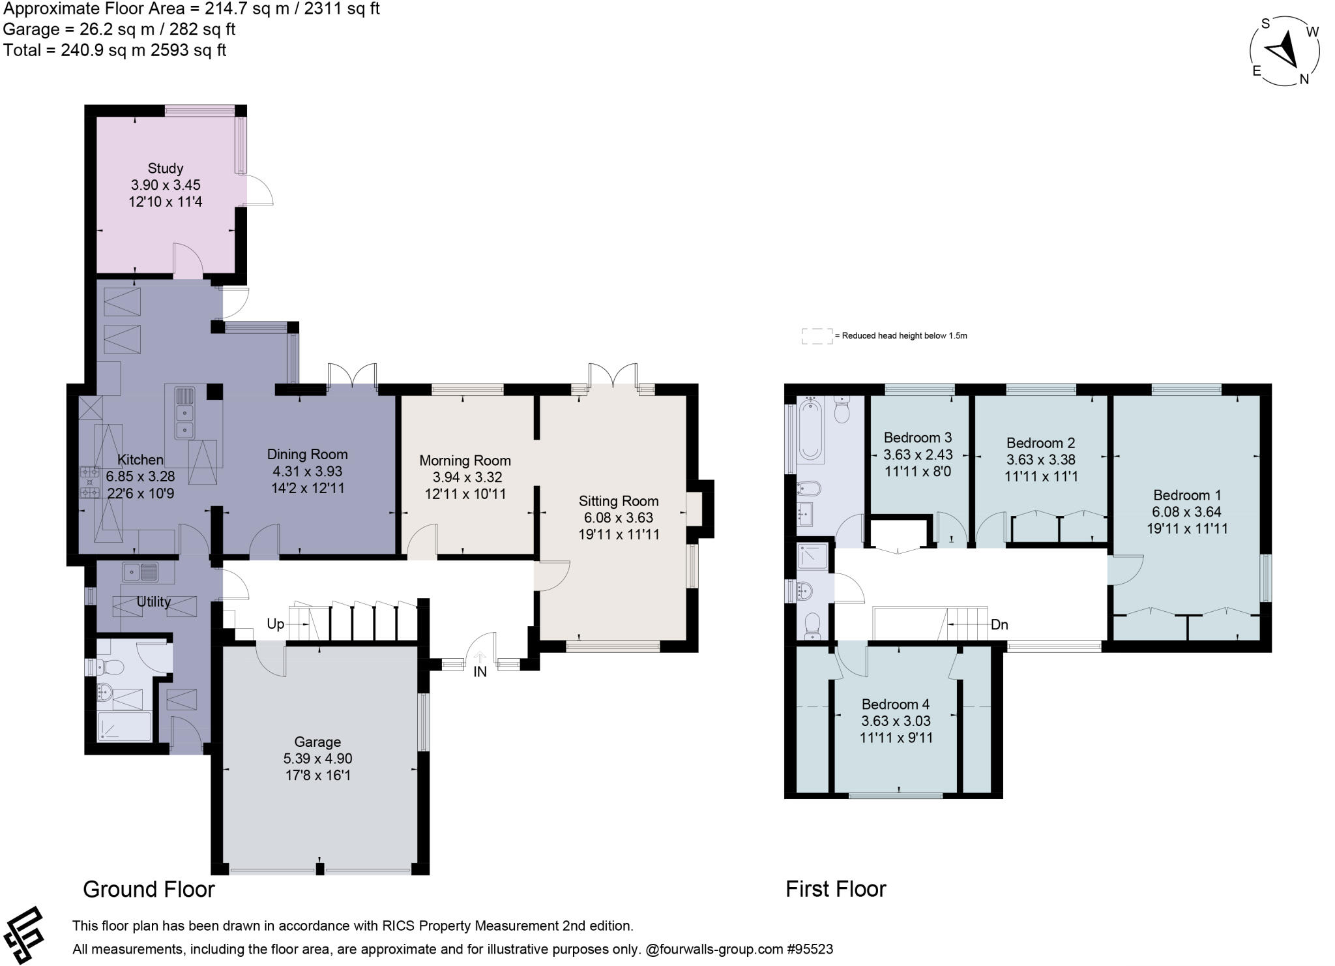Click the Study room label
(165, 168)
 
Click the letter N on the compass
(1304, 79)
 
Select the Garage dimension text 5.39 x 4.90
(317, 759)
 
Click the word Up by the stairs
(275, 624)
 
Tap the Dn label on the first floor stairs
(999, 624)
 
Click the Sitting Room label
(619, 501)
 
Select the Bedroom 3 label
(918, 437)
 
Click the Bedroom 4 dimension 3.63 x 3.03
(896, 721)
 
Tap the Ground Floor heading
(149, 889)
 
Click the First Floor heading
(836, 889)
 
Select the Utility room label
(153, 601)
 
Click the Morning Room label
(465, 460)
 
